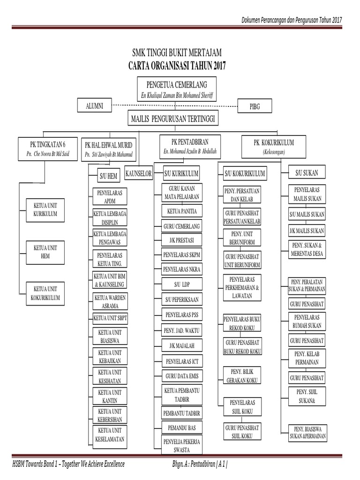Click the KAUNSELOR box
pos(139,174)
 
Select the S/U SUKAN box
pos(307,173)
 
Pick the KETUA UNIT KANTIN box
pos(109,396)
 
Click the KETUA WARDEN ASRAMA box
pos(110,301)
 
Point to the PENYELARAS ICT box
pos(181,361)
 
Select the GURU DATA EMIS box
pos(181,376)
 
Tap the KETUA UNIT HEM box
pos(45,252)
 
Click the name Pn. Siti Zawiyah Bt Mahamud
pos(109,155)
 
